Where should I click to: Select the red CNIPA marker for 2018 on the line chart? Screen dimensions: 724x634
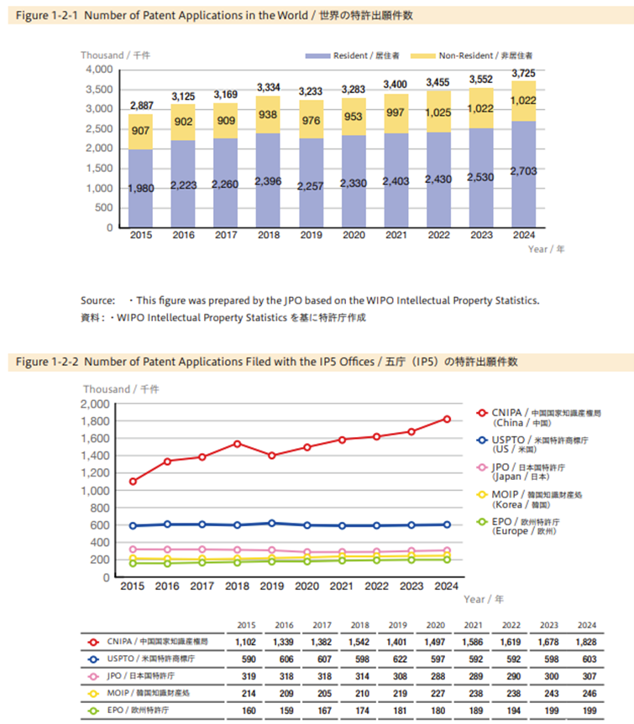238,444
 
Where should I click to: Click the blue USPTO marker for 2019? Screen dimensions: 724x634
270,523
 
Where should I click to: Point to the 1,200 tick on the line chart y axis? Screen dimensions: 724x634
95,473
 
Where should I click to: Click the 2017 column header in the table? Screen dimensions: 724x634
322,624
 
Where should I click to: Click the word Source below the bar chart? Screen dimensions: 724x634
97,300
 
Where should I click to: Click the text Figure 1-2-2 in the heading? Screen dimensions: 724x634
46,362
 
